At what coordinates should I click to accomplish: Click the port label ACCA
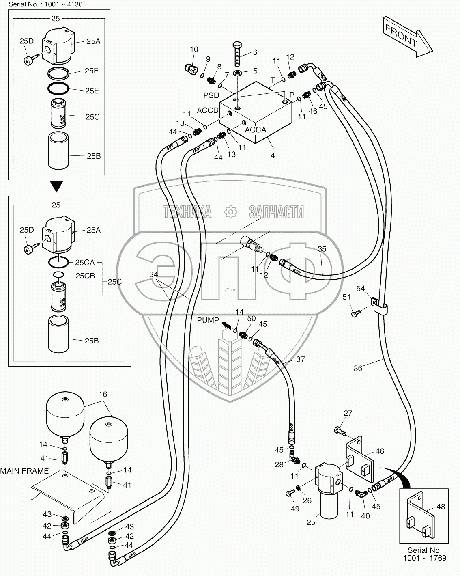click(x=256, y=130)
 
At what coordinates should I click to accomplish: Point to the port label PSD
click(x=211, y=96)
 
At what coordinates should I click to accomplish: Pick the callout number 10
click(x=194, y=50)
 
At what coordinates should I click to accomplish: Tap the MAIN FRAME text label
click(x=24, y=471)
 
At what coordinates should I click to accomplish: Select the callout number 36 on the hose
click(x=358, y=368)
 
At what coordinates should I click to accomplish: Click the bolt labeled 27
click(x=340, y=431)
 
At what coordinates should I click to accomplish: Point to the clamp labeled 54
click(x=378, y=306)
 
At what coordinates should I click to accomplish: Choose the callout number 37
click(x=300, y=359)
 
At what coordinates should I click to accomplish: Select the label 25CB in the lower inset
click(x=84, y=276)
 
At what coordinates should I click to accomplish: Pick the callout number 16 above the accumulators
click(x=103, y=394)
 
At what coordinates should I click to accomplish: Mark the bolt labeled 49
click(x=290, y=493)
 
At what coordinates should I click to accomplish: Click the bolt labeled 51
click(x=356, y=313)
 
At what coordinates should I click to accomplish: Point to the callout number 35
click(x=322, y=249)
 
